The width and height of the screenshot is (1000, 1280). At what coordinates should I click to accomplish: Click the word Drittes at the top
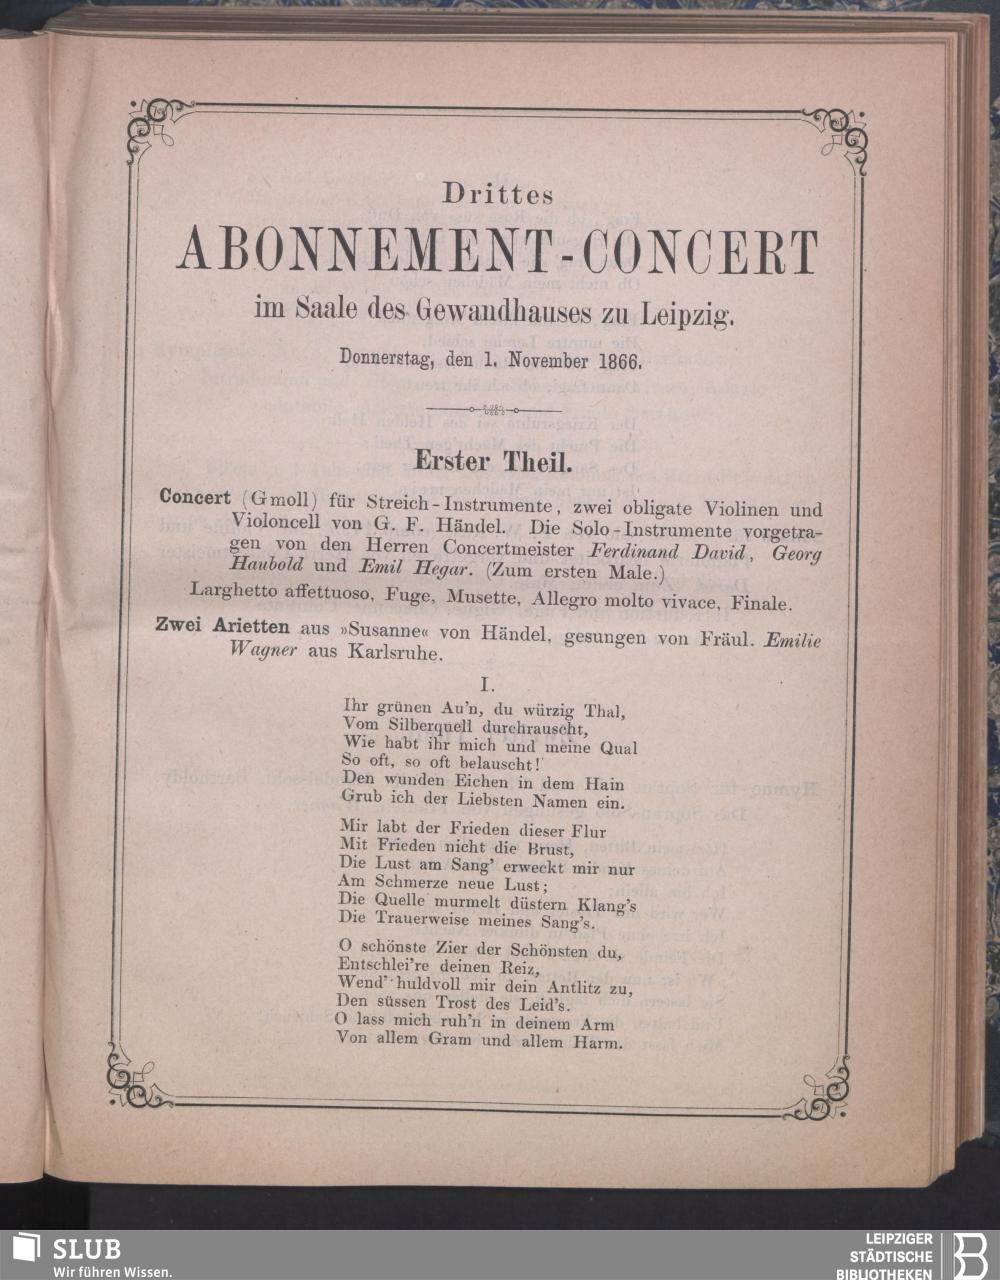click(498, 191)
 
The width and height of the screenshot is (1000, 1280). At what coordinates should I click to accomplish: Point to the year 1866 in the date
click(630, 355)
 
